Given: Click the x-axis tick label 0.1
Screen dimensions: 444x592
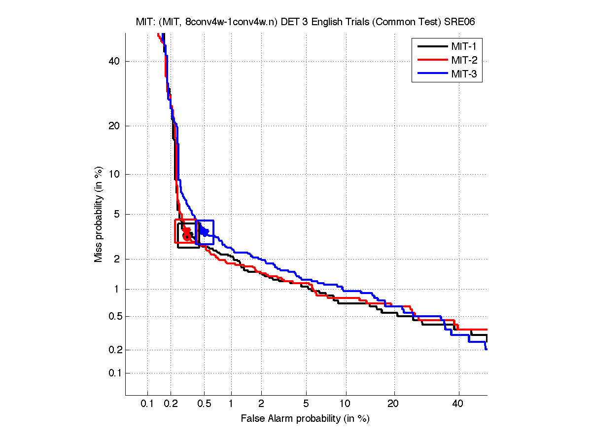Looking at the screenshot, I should pyautogui.click(x=147, y=404).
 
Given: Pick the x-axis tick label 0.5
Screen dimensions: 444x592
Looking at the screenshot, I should pyautogui.click(x=204, y=404).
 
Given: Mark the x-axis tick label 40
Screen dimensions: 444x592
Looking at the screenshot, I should pyautogui.click(x=458, y=404).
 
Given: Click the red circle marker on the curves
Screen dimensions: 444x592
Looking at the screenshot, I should pyautogui.click(x=187, y=236).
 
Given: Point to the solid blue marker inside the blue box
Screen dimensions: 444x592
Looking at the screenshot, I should pyautogui.click(x=204, y=231).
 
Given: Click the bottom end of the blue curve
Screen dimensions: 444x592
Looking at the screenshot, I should pyautogui.click(x=486, y=349).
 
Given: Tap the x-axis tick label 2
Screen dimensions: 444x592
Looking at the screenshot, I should pyautogui.click(x=261, y=404).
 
